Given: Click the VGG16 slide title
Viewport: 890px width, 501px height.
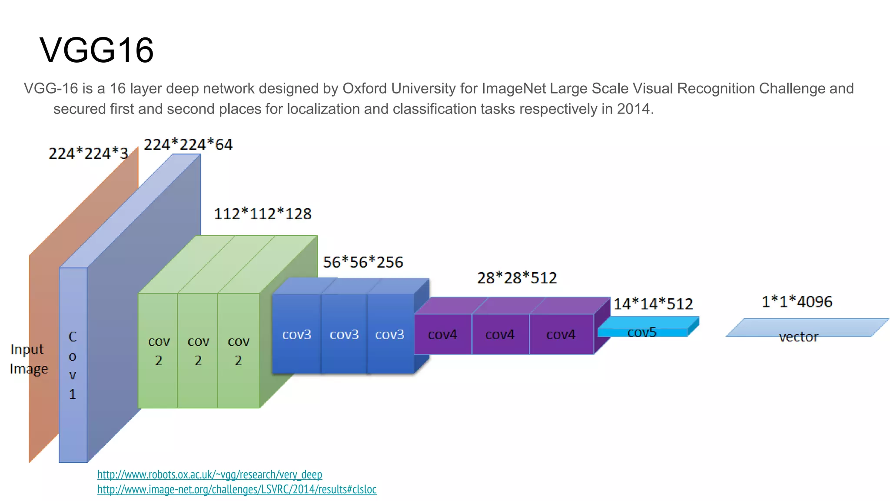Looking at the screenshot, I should [x=96, y=50].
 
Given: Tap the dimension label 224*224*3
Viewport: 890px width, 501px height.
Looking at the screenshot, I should [x=88, y=154].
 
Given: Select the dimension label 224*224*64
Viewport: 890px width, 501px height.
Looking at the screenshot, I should [x=188, y=144].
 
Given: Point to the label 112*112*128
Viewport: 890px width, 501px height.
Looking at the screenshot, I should [x=262, y=214].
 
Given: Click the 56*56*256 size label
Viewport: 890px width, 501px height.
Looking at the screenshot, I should [x=363, y=262].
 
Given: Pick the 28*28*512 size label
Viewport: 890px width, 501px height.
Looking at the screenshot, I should [x=517, y=278].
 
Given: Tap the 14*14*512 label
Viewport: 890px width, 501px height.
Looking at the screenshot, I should [x=653, y=304].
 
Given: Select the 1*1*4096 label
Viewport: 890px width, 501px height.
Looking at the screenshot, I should [x=797, y=302].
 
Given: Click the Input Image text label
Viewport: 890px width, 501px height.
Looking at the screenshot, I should [x=29, y=359].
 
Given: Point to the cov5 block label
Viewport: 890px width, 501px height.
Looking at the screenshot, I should [x=642, y=333].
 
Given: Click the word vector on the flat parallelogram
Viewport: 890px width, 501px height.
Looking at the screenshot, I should [x=798, y=337].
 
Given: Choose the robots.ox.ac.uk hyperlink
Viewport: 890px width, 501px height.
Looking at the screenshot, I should [x=209, y=474].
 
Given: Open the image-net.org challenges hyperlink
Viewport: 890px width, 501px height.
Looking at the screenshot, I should [x=237, y=490].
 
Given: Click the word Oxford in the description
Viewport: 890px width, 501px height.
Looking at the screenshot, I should [x=365, y=89].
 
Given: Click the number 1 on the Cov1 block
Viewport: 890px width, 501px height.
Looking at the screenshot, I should [x=73, y=394].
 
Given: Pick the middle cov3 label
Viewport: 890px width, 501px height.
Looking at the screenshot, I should [x=344, y=334].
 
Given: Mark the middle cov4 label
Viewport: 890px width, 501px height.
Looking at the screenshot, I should [x=500, y=334].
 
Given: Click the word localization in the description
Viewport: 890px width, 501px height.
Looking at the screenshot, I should [x=323, y=109].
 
